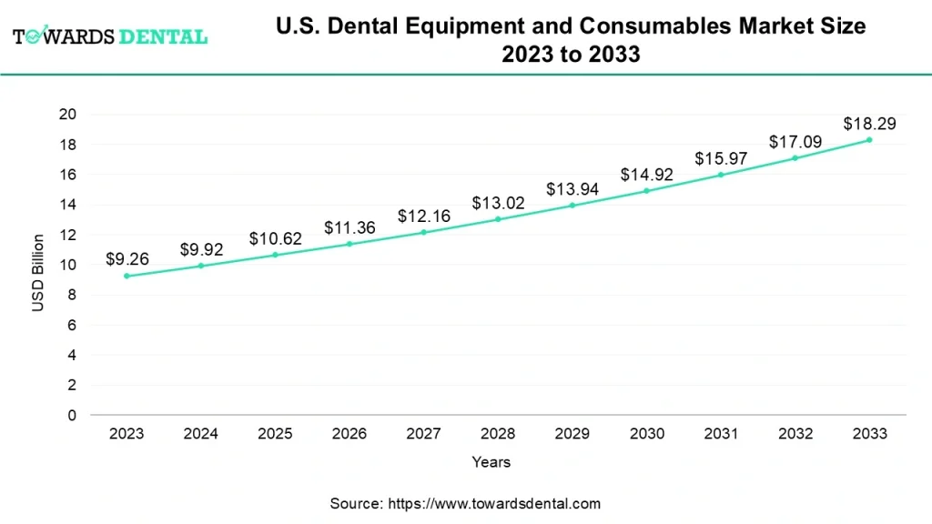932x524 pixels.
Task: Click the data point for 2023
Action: click(127, 276)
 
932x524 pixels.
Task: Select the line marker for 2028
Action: click(498, 219)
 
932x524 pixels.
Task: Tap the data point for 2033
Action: click(869, 139)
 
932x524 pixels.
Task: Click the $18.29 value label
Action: click(869, 123)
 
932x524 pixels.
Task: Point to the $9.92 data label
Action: click(201, 248)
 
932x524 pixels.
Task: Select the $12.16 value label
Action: click(423, 216)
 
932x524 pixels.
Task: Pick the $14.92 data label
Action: click(646, 174)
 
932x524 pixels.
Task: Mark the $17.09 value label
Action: click(795, 142)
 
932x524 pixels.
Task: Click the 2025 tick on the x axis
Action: click(275, 434)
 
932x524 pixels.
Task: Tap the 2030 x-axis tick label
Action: click(646, 434)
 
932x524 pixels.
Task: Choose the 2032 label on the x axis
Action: click(795, 434)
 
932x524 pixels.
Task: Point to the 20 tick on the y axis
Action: click(67, 114)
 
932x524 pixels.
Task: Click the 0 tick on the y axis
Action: click(71, 416)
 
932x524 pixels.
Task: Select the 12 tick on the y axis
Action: click(67, 235)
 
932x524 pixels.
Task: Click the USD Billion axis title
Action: click(38, 273)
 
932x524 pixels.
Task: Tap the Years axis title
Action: click(491, 462)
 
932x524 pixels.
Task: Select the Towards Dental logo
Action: click(110, 36)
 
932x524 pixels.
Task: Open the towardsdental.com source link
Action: click(495, 503)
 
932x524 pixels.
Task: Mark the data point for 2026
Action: click(349, 244)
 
